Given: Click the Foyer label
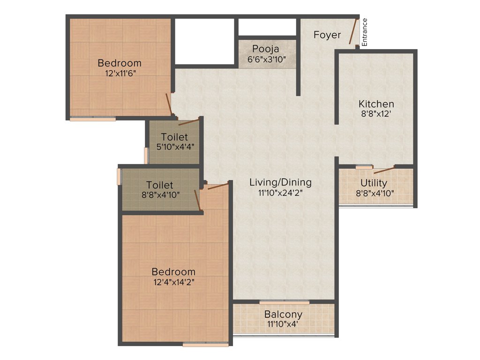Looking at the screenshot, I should [327, 35].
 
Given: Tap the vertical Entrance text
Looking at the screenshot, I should [365, 32].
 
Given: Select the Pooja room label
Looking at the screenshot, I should [266, 49].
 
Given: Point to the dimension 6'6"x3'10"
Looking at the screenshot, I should [266, 60].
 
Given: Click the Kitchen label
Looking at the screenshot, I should [376, 104].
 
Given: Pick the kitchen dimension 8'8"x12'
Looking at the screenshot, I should [376, 114].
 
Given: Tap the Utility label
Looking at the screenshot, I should [374, 183].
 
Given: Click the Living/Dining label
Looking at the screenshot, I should [280, 182].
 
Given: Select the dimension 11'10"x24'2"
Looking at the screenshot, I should [280, 193].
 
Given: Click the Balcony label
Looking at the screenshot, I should [283, 314].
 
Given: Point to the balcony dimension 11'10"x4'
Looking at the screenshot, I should [283, 324].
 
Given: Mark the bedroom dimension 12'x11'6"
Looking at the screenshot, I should [119, 73].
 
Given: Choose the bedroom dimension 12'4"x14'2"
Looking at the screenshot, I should [173, 282].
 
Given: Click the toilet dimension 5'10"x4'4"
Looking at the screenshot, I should [175, 147].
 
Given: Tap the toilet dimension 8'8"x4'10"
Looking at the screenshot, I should [159, 195].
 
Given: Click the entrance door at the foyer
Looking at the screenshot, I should [354, 31].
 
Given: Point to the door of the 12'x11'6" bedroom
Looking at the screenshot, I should [169, 104].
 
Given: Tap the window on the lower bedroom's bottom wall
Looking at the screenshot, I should [205, 345].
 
